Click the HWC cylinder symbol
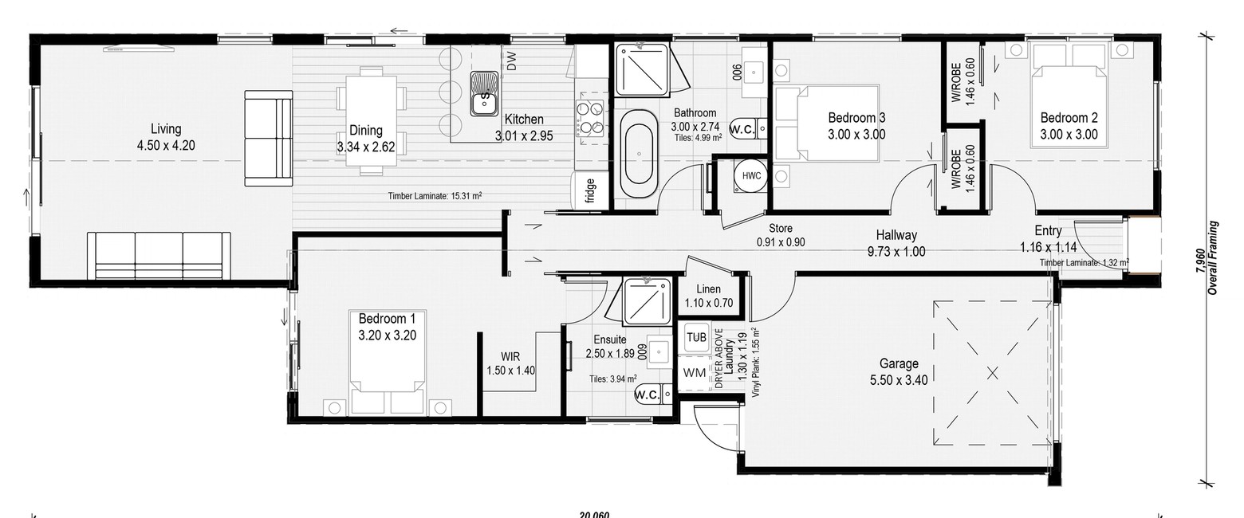click(x=751, y=176)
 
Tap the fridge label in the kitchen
click(x=590, y=190)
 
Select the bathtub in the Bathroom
click(x=639, y=153)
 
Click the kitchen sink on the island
click(x=484, y=93)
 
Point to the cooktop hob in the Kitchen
click(x=589, y=118)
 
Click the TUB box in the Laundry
click(x=696, y=337)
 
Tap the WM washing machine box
click(x=695, y=372)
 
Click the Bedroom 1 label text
click(x=387, y=319)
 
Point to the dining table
click(x=371, y=120)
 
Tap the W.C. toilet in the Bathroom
click(x=748, y=130)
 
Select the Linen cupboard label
click(x=708, y=289)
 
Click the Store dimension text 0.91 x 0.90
click(x=780, y=242)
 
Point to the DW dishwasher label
click(x=511, y=61)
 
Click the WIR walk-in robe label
click(x=510, y=357)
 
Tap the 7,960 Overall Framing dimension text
click(x=1207, y=257)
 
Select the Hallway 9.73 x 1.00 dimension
click(x=896, y=252)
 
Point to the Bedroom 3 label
click(x=856, y=118)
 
